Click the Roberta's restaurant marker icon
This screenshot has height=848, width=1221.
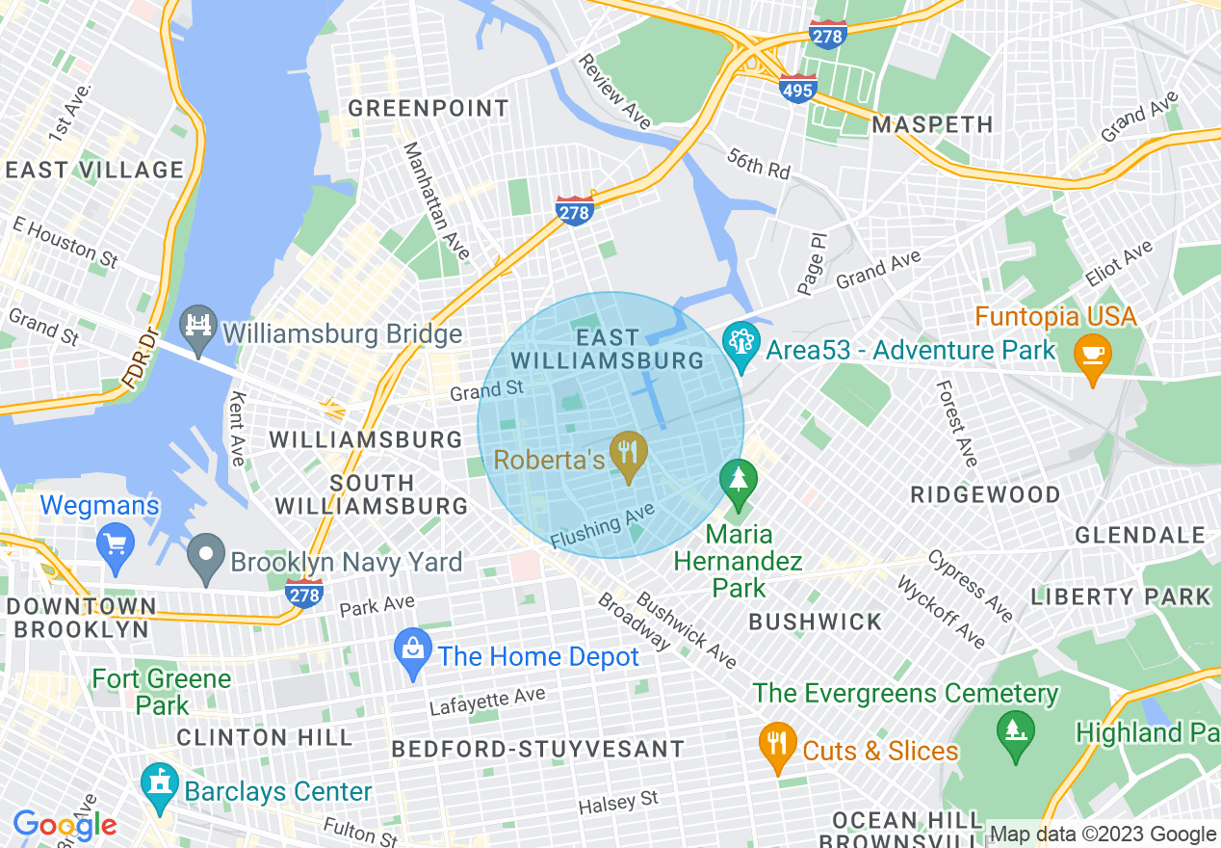click(x=629, y=454)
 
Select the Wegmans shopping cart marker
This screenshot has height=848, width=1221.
click(x=117, y=544)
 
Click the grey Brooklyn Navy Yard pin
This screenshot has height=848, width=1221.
click(x=206, y=559)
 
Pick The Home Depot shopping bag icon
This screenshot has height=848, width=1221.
click(x=414, y=654)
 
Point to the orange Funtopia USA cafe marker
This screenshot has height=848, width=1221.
click(x=1093, y=357)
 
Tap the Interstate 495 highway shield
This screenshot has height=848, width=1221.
click(x=798, y=90)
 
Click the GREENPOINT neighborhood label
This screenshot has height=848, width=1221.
click(x=429, y=108)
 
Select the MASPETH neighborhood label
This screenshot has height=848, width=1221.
click(x=931, y=125)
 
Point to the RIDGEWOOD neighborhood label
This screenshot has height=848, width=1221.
click(x=985, y=494)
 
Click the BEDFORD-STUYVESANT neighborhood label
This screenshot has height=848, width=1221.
click(x=538, y=749)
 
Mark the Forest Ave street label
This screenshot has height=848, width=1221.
click(x=956, y=421)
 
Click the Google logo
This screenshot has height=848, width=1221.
click(x=65, y=825)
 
